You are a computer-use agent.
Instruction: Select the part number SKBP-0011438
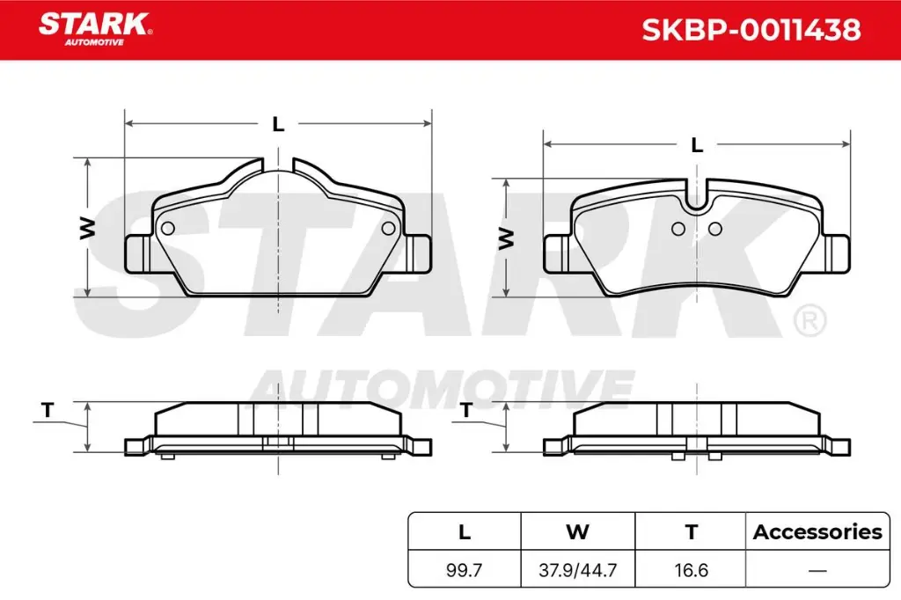point(751,31)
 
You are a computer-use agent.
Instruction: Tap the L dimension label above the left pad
point(278,125)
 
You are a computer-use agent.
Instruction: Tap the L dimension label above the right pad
point(697,145)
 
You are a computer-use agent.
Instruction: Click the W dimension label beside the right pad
point(506,238)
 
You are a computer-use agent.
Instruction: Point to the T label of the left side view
point(48,409)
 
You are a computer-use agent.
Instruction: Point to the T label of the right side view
point(466,409)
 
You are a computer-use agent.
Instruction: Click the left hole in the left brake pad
point(168,229)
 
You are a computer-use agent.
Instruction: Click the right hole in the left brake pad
point(388,229)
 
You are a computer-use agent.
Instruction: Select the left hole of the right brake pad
point(678,230)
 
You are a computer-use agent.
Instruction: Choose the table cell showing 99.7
point(465,569)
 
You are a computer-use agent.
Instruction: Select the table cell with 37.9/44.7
point(577,569)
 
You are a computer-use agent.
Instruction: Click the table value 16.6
point(691,569)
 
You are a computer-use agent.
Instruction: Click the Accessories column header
point(817,531)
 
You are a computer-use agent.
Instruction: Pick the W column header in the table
point(577,531)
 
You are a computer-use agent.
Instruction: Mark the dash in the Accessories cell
point(817,570)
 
